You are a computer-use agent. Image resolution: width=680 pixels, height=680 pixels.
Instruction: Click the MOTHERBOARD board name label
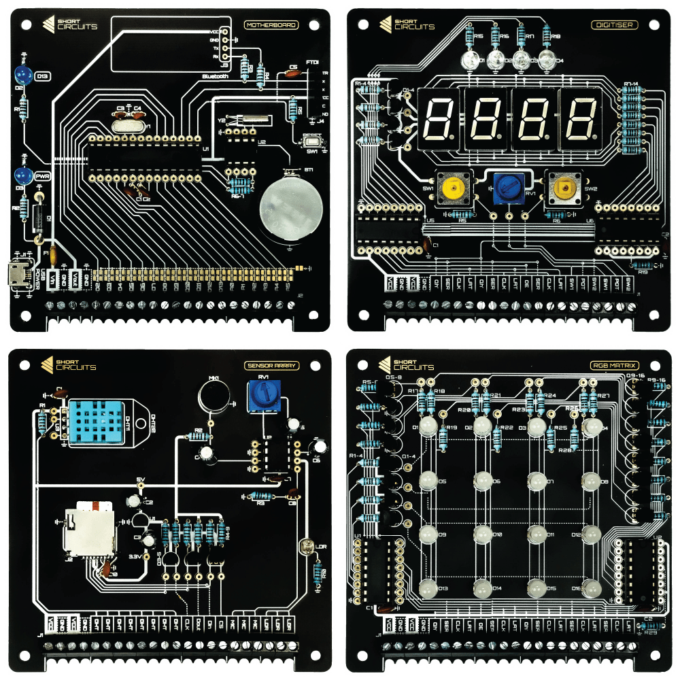point(271,25)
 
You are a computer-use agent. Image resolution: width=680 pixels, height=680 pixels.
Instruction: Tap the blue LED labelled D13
point(23,74)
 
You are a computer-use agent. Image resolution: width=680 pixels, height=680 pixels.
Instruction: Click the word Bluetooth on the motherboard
point(214,77)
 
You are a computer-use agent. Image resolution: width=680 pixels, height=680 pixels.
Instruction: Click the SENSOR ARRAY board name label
point(271,365)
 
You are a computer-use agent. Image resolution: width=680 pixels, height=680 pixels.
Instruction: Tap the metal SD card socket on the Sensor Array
point(88,532)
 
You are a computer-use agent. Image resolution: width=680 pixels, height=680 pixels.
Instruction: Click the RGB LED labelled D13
point(428,588)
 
